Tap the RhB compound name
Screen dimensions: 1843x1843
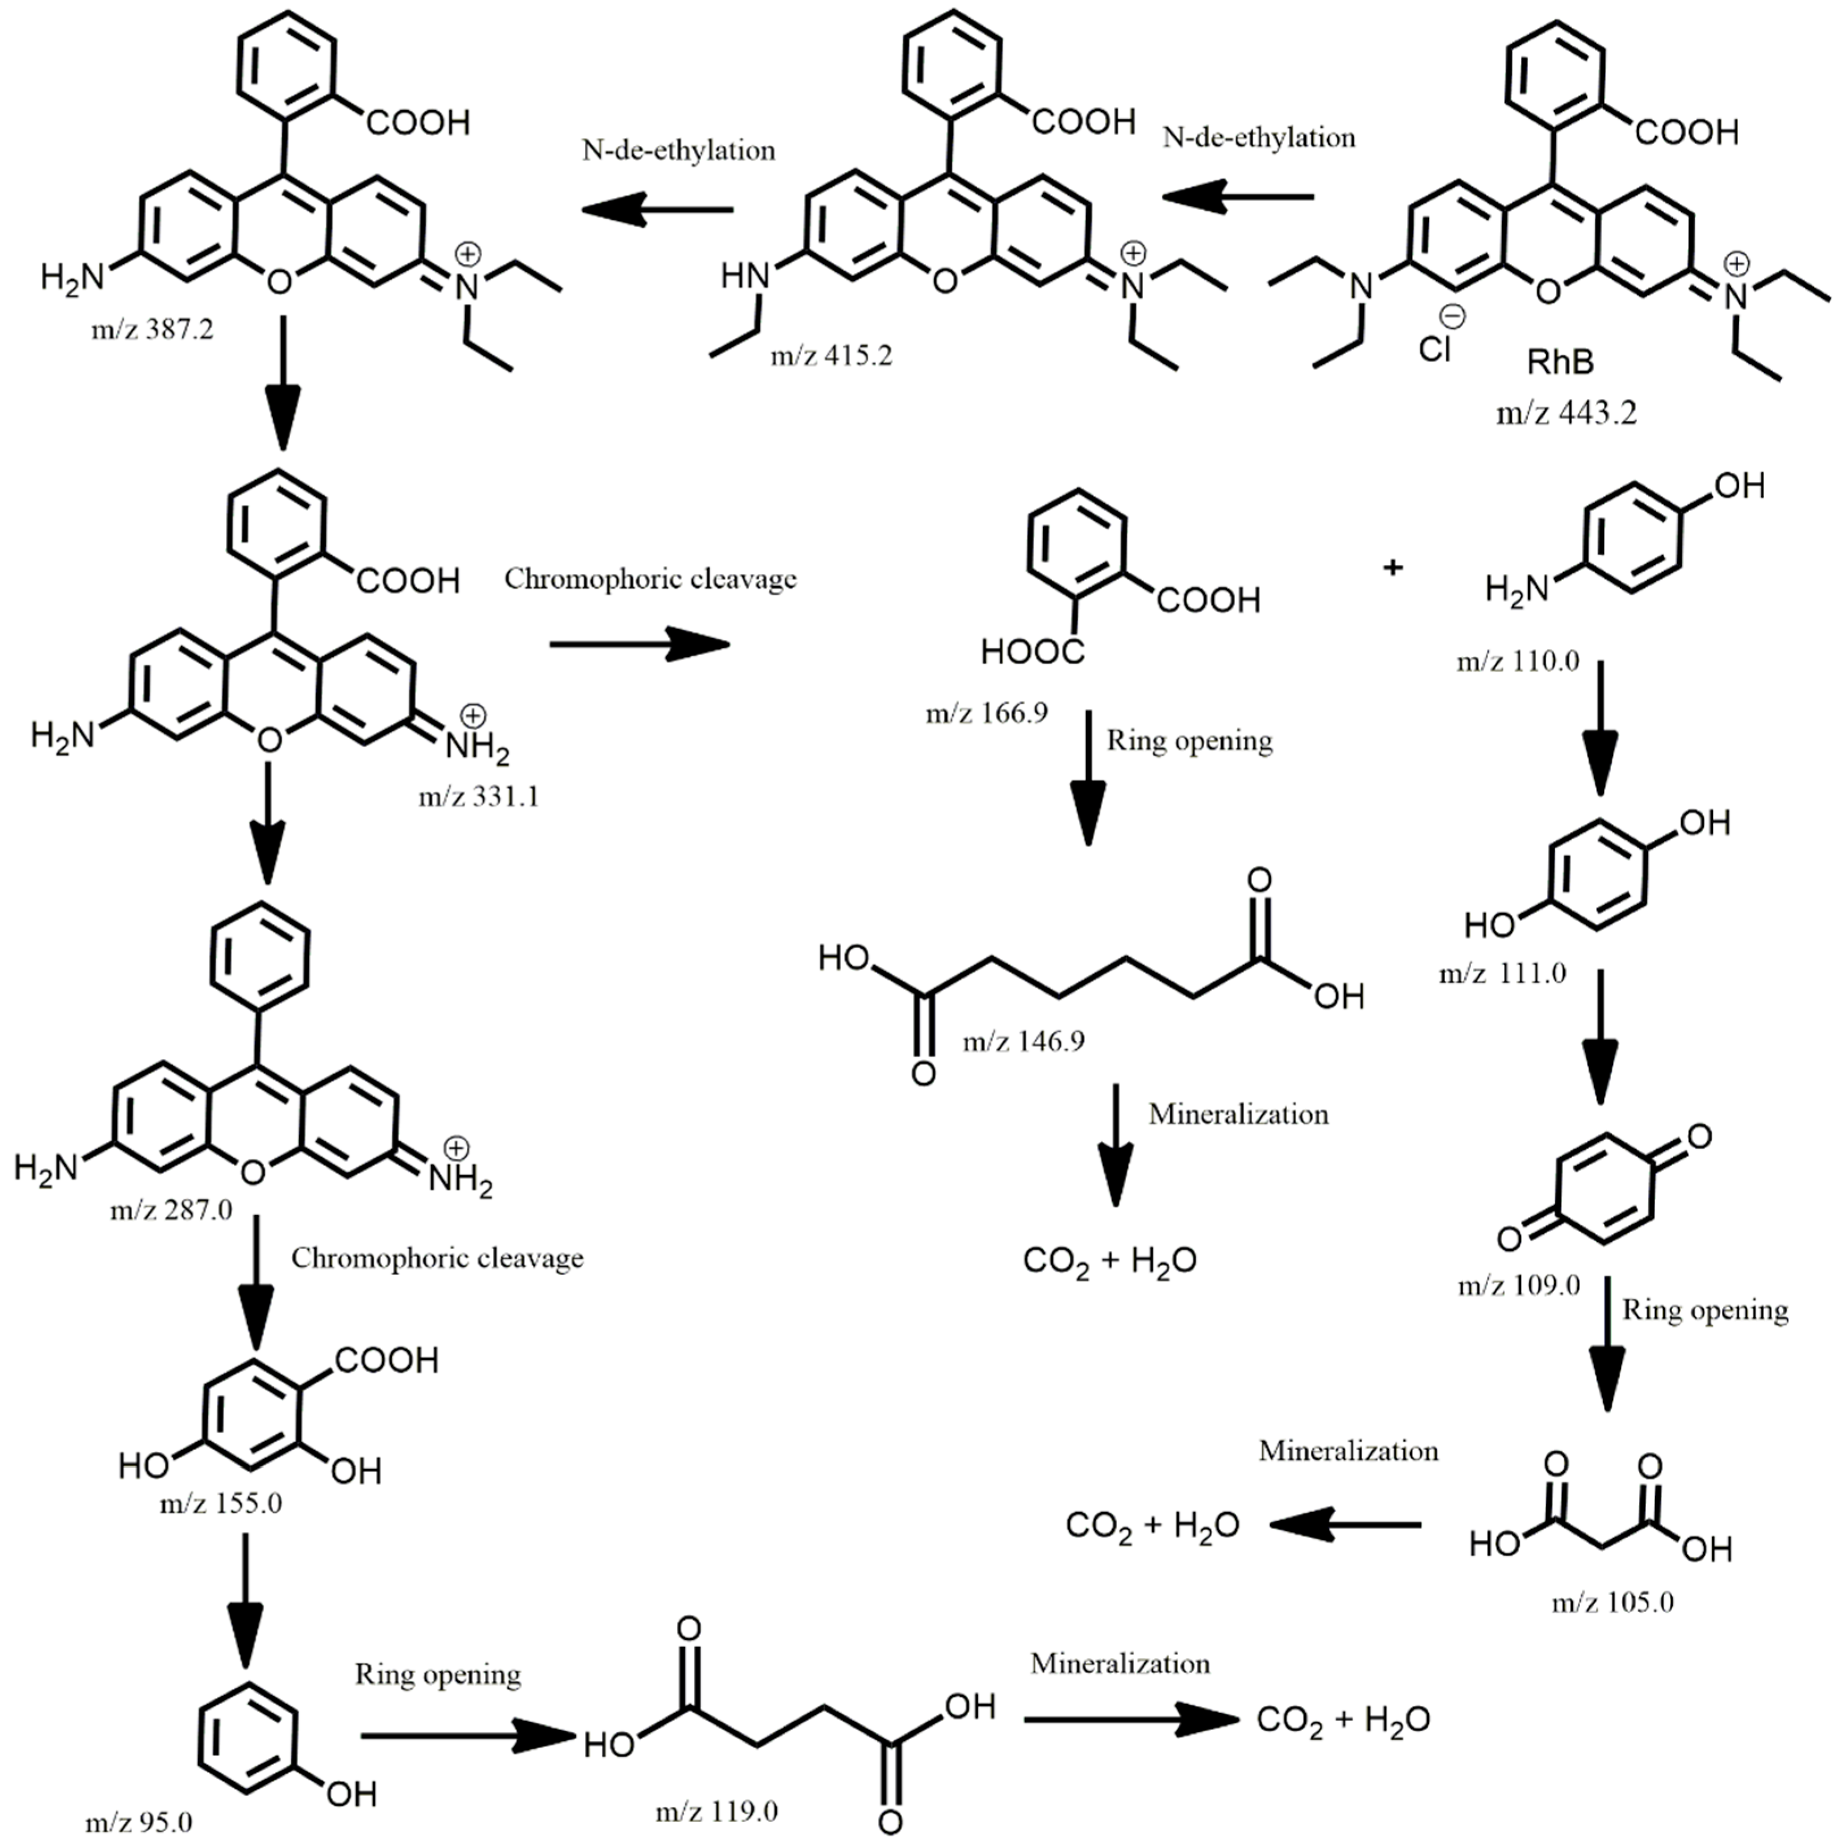pyautogui.click(x=1561, y=362)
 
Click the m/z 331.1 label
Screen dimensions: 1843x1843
pyautogui.click(x=478, y=795)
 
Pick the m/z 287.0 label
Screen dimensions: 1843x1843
pyautogui.click(x=171, y=1209)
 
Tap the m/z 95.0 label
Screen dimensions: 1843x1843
pyautogui.click(x=139, y=1822)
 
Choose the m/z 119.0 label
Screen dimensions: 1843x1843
pyautogui.click(x=717, y=1811)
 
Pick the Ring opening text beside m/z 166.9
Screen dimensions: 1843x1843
pyautogui.click(x=1188, y=741)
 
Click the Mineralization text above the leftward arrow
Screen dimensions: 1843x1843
pyautogui.click(x=1348, y=1451)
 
